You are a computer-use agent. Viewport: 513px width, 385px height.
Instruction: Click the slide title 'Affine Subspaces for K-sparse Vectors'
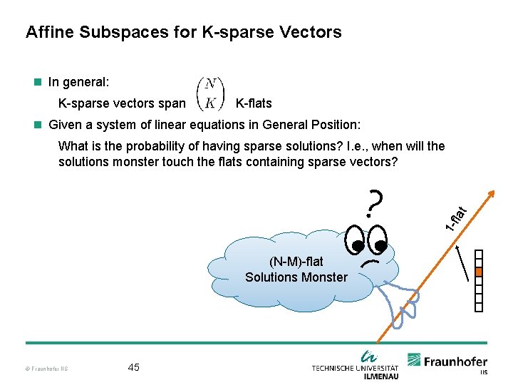coord(183,32)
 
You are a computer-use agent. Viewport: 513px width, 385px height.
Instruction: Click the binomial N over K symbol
coord(210,93)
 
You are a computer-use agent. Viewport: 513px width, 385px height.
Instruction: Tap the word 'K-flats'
coord(253,103)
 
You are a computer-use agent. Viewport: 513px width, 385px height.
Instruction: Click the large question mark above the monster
coord(375,202)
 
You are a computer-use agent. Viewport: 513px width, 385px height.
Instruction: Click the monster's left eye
coord(356,239)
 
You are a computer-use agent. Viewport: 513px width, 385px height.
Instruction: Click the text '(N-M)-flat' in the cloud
coord(296,262)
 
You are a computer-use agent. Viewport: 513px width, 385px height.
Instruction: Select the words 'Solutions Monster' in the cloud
coord(296,277)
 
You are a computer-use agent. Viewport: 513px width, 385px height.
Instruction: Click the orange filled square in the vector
coord(479,272)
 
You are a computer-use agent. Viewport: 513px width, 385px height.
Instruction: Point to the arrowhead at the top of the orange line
coord(491,193)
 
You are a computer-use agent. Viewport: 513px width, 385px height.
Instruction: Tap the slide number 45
coord(133,367)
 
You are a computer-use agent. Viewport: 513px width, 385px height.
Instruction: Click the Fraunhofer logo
coord(447,361)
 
